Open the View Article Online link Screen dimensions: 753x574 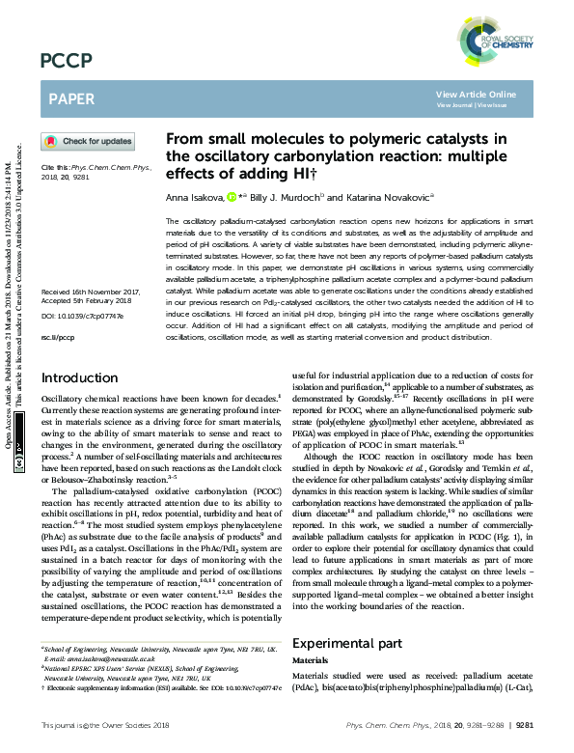tap(476, 94)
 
